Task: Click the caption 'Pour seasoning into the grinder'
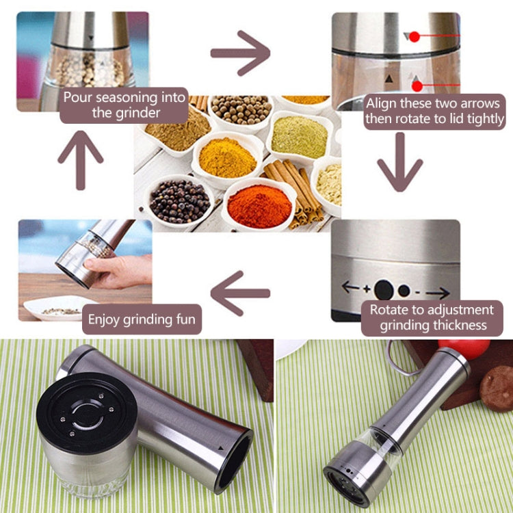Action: coord(124,105)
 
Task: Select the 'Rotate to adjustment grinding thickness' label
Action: coord(432,317)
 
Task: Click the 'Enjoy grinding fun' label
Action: coord(142,319)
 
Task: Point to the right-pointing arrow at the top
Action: coord(239,53)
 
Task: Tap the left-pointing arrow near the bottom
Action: coord(239,293)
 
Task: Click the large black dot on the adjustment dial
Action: coord(384,289)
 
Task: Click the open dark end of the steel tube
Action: coord(233,462)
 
